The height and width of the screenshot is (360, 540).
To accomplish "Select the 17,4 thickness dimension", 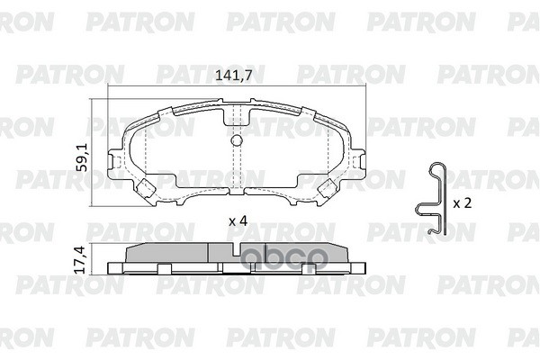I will tap(80, 261).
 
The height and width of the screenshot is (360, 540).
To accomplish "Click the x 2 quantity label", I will tap(462, 203).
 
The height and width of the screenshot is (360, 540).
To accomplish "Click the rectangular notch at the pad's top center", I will tap(238, 114).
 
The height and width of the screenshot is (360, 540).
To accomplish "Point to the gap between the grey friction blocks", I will tap(210, 253).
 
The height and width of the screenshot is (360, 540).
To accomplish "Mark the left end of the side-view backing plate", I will tap(111, 267).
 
